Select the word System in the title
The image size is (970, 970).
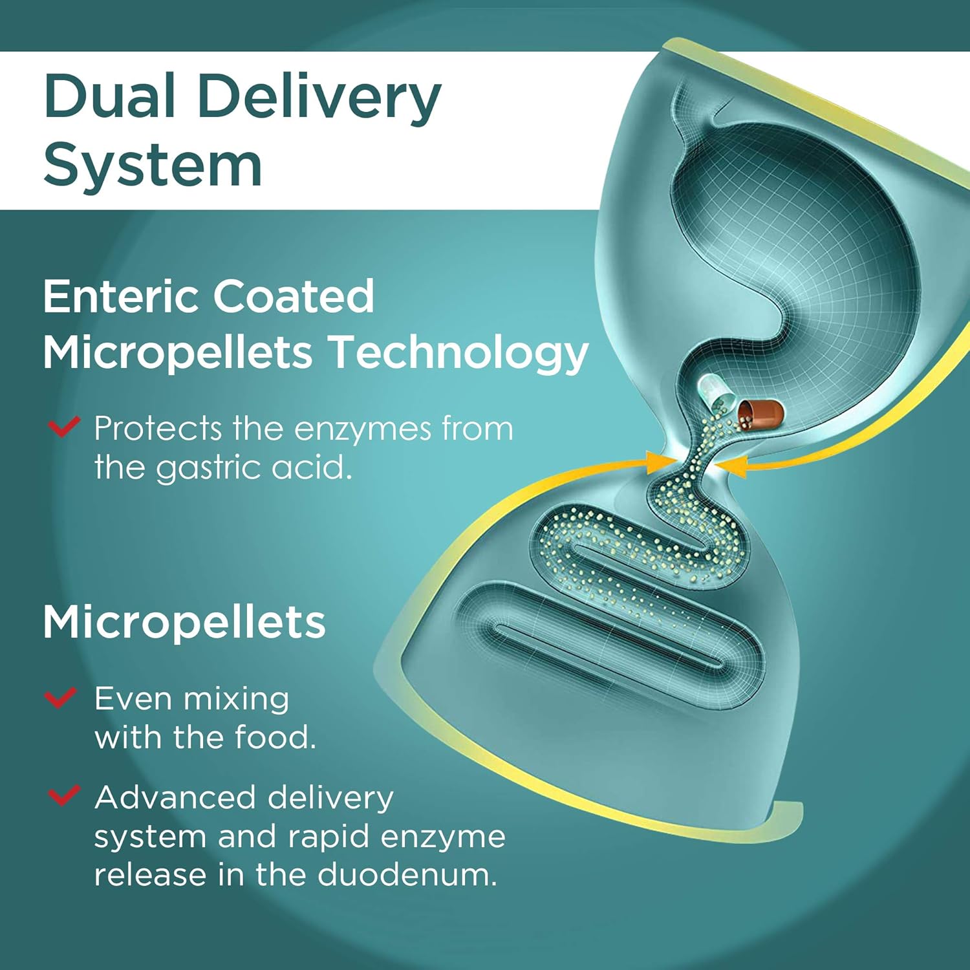(153, 166)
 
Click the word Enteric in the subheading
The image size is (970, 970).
(120, 296)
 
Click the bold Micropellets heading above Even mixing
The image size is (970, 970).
(184, 623)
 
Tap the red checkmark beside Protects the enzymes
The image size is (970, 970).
(64, 427)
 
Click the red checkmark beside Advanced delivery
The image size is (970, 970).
(64, 795)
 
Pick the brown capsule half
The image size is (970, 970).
(761, 413)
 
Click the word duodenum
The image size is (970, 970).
(407, 874)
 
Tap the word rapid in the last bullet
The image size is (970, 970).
(328, 837)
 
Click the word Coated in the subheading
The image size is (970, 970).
(294, 296)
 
